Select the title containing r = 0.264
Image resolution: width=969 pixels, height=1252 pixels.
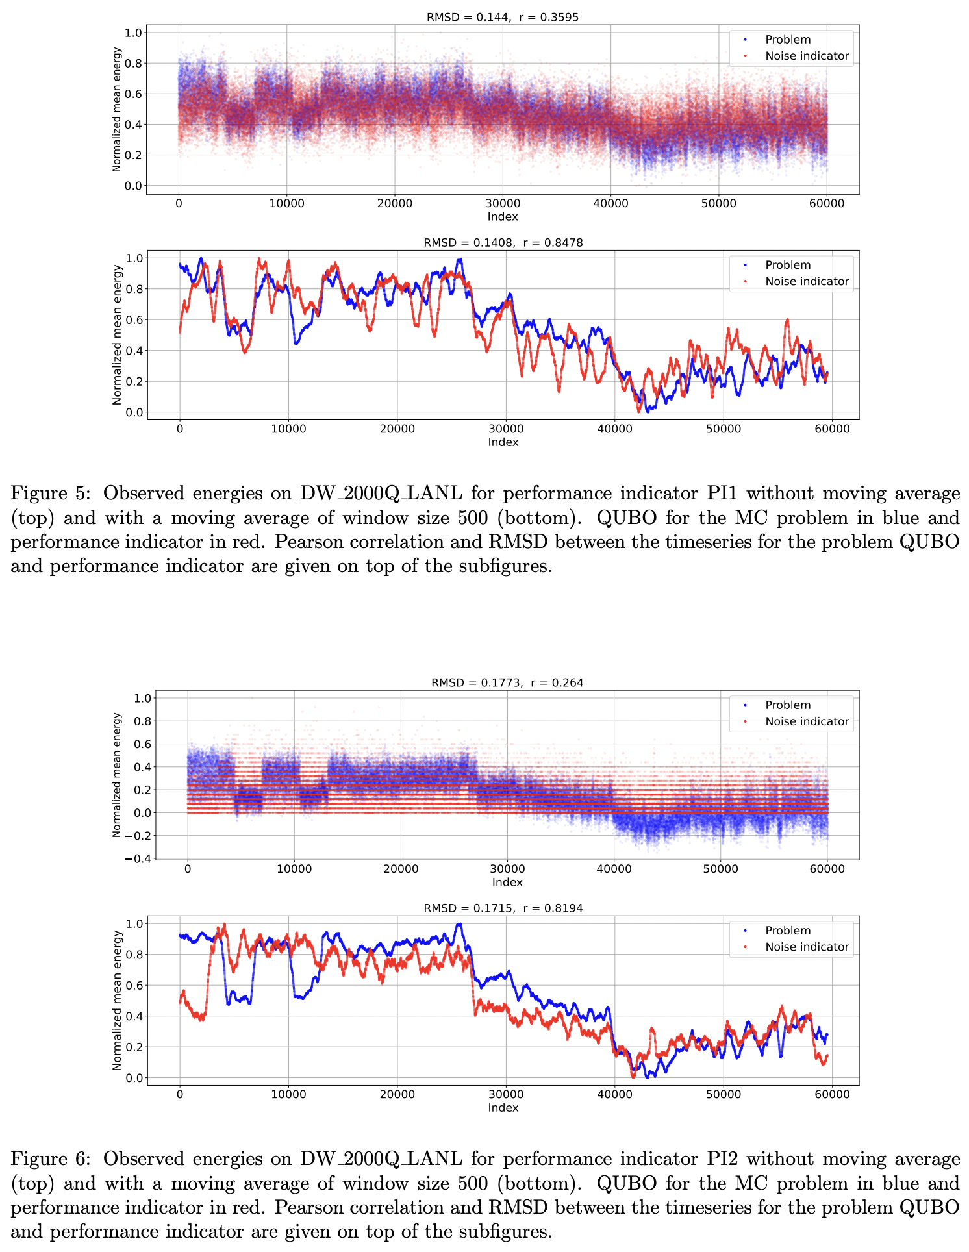pos(557,683)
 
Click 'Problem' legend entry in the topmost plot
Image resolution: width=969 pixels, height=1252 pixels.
pos(787,40)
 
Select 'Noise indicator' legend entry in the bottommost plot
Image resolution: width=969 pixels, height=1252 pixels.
pos(807,947)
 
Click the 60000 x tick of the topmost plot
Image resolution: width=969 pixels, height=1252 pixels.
pos(826,203)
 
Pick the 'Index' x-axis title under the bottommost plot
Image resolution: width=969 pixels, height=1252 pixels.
pos(503,1108)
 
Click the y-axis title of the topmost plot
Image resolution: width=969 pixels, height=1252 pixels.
pos(117,109)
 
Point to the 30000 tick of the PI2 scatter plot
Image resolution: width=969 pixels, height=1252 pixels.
pos(507,869)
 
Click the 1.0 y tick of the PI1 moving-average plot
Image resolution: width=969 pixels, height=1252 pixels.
pos(134,258)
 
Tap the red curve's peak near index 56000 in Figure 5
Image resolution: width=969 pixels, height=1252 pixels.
pos(787,319)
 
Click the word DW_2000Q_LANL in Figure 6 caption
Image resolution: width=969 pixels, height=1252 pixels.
pos(381,1159)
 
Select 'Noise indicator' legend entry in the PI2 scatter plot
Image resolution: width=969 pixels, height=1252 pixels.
pos(807,721)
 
